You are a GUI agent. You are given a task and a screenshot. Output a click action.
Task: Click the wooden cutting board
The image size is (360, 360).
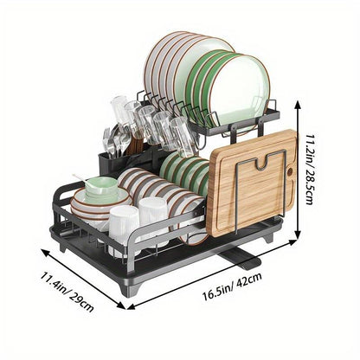point(252,186)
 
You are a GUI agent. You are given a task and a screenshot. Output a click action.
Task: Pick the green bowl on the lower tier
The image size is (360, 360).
point(100,189)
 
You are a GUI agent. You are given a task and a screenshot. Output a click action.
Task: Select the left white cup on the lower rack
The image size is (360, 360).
point(124,228)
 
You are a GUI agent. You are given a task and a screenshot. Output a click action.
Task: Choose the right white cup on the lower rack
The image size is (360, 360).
point(152,221)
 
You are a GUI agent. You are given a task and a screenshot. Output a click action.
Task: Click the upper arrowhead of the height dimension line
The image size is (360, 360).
point(298,102)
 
